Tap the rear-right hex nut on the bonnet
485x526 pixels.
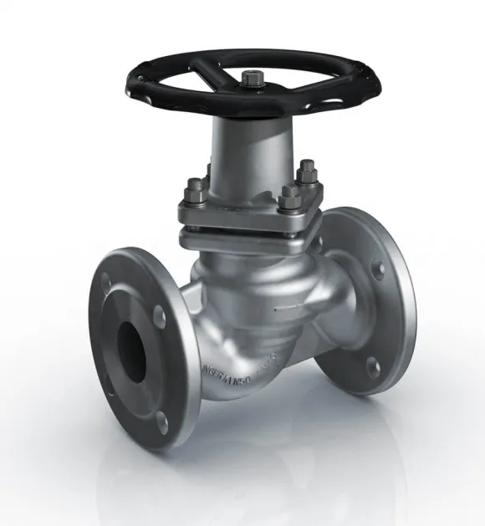(x=306, y=173)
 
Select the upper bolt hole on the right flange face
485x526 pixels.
(x=378, y=269)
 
